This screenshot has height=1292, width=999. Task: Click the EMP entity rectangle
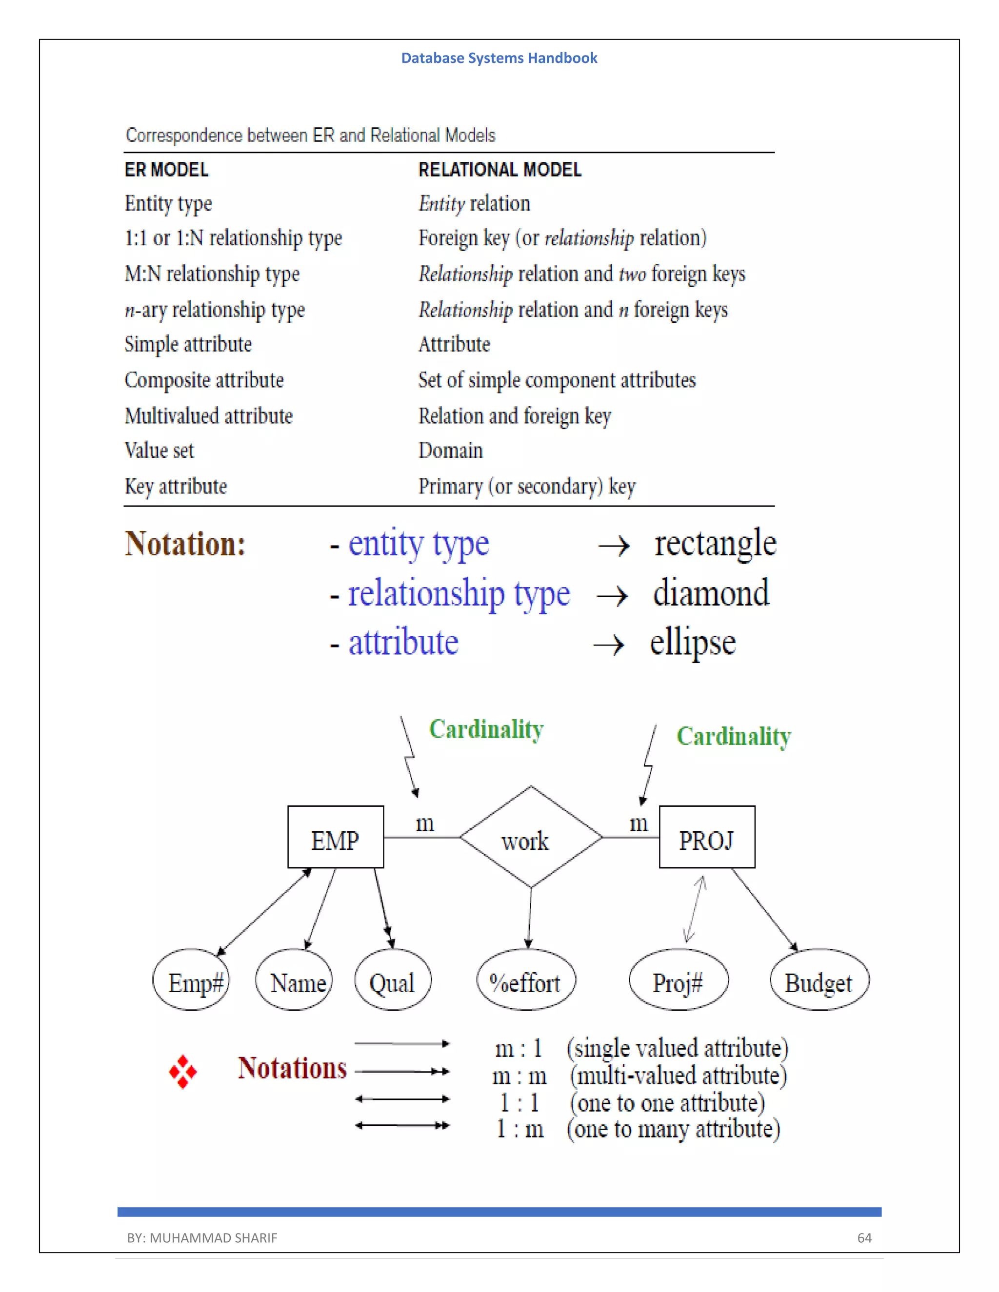(x=336, y=837)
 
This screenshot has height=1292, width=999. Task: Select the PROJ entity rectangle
(x=707, y=837)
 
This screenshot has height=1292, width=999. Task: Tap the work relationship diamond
(x=530, y=838)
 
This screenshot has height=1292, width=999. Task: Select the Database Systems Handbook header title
(x=499, y=58)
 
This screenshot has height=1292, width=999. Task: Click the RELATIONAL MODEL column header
(x=499, y=170)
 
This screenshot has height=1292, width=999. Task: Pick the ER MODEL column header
(x=166, y=170)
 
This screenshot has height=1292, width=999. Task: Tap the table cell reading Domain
(x=450, y=451)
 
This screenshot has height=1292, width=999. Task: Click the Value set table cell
(x=159, y=451)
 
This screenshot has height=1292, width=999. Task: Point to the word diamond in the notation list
(x=711, y=593)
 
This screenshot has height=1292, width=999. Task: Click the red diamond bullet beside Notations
(x=183, y=1071)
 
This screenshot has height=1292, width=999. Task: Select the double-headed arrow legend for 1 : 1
(x=402, y=1099)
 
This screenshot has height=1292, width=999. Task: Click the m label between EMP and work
(x=424, y=823)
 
